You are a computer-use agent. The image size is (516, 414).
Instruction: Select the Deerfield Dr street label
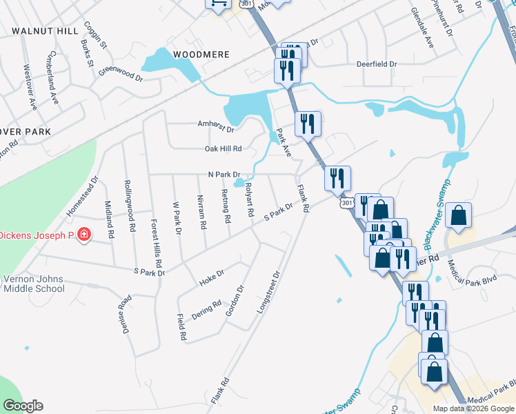377,64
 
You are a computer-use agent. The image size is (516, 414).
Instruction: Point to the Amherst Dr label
217,129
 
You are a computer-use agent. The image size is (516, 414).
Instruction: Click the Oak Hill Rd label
223,148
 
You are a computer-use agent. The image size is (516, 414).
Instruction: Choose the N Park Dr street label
224,175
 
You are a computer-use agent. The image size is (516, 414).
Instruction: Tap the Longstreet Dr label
269,293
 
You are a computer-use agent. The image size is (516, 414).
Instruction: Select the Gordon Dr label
235,301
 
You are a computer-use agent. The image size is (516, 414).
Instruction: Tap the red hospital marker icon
84,235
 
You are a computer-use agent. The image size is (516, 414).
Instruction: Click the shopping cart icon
217,3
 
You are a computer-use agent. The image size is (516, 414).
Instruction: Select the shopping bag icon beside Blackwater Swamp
458,216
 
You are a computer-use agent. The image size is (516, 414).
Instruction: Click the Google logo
22,406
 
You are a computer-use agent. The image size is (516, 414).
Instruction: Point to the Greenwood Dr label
120,73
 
